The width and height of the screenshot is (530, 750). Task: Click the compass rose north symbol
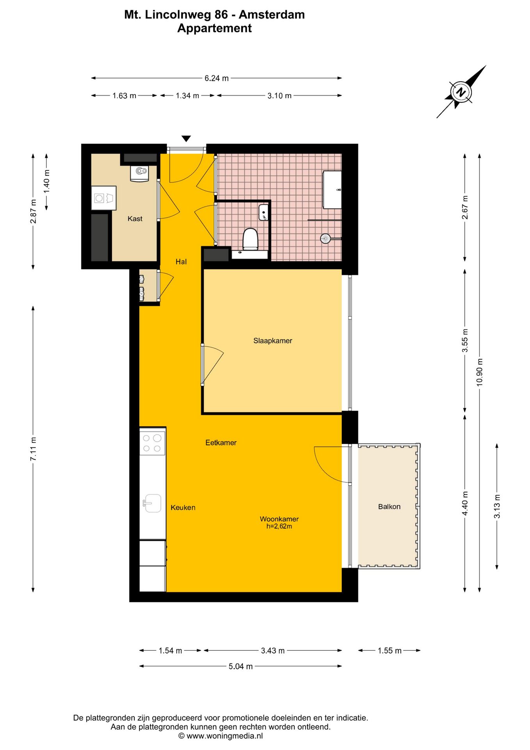[461, 92]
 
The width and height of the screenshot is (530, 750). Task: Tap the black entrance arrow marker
[186, 139]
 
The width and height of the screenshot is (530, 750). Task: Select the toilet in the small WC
[250, 239]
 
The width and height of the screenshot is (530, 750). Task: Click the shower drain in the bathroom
[325, 238]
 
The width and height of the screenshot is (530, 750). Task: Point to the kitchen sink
[152, 503]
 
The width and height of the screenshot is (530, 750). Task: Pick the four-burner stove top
[152, 443]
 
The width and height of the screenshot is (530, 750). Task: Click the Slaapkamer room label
[273, 341]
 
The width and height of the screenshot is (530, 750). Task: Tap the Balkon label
[389, 507]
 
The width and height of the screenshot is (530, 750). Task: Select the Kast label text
[135, 219]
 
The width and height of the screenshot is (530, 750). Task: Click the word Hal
[181, 262]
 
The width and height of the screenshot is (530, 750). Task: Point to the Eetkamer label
[221, 443]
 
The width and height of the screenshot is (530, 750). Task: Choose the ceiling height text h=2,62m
[279, 526]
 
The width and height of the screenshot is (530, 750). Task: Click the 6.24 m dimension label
[217, 78]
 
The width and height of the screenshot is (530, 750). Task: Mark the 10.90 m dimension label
[480, 372]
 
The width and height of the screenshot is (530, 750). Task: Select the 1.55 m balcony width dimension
[389, 650]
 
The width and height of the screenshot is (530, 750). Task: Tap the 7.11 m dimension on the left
[34, 449]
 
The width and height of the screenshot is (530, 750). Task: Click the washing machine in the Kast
[104, 198]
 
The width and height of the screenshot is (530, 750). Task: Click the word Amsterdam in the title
[272, 14]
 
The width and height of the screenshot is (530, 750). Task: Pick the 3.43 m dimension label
[273, 650]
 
